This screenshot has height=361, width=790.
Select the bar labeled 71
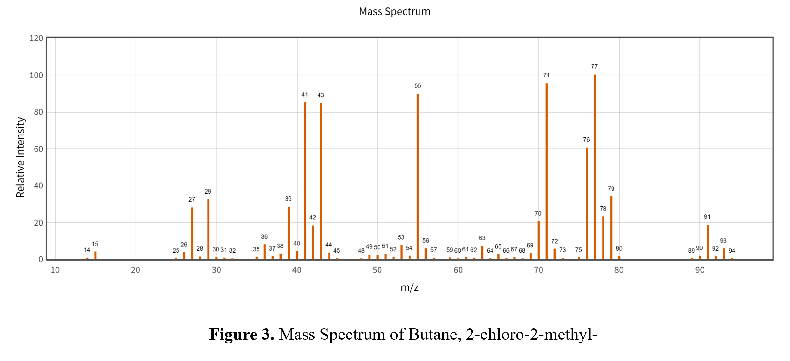(x=547, y=171)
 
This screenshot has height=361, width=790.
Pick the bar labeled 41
(x=305, y=181)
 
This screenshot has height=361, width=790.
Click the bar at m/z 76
(x=587, y=204)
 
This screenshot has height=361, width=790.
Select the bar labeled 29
(x=208, y=229)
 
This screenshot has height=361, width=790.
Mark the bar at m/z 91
(x=708, y=242)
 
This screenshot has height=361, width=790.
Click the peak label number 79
(x=611, y=189)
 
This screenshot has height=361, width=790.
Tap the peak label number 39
(x=288, y=199)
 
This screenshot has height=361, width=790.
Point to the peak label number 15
(x=95, y=244)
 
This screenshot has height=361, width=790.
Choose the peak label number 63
(x=482, y=238)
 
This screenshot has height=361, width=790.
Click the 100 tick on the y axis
(x=36, y=75)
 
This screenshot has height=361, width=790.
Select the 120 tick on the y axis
(x=36, y=38)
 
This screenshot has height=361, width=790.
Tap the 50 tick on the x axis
(x=377, y=270)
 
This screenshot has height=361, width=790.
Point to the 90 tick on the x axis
(x=700, y=270)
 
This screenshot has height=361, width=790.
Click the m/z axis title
(x=410, y=287)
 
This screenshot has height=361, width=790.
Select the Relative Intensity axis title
(x=20, y=157)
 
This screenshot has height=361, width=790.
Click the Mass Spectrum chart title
(x=394, y=12)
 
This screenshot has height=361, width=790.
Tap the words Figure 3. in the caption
(x=241, y=334)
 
